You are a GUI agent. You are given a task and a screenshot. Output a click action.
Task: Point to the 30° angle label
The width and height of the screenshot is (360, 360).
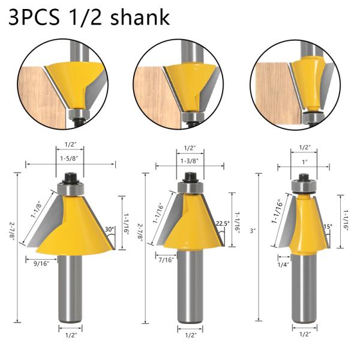point(110,229)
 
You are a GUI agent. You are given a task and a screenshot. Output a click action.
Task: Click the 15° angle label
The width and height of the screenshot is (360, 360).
point(328,227)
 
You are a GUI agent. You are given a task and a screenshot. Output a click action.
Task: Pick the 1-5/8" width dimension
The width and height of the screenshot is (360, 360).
point(70,158)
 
